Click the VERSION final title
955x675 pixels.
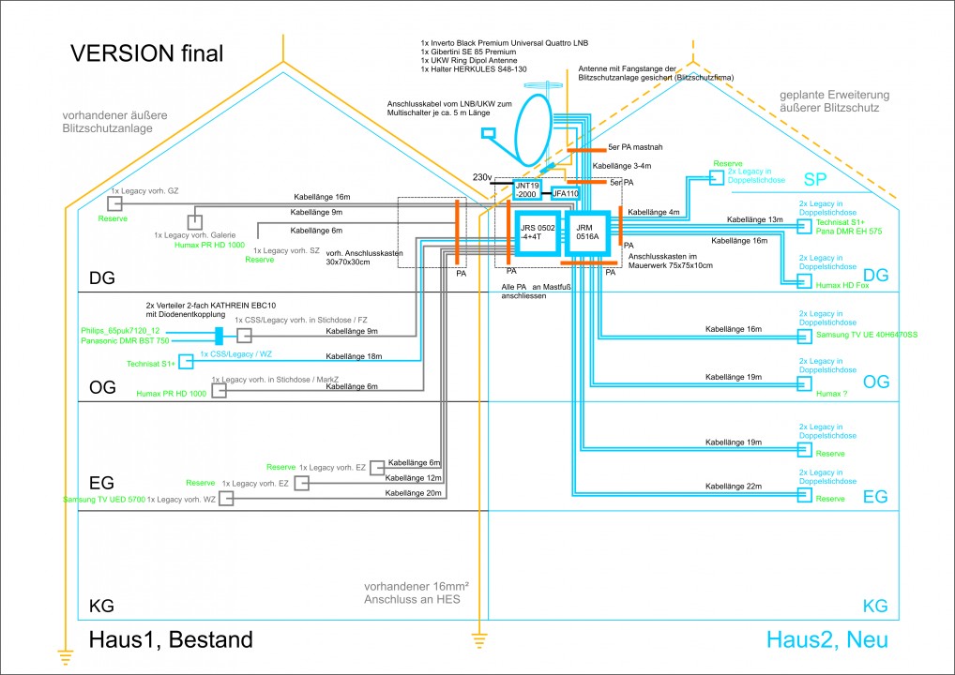(147, 53)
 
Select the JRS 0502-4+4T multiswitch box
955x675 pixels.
(538, 233)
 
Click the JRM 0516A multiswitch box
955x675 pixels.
(588, 233)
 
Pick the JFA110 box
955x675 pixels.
(567, 193)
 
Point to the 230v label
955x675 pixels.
(483, 177)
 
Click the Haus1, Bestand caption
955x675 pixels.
(171, 640)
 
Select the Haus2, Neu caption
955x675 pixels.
(826, 640)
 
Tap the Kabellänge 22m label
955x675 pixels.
(732, 487)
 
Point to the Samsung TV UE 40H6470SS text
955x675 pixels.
(865, 336)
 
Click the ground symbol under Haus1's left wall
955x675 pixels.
(65, 656)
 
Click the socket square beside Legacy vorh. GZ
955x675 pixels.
(114, 203)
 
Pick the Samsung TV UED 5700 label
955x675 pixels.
(102, 500)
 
